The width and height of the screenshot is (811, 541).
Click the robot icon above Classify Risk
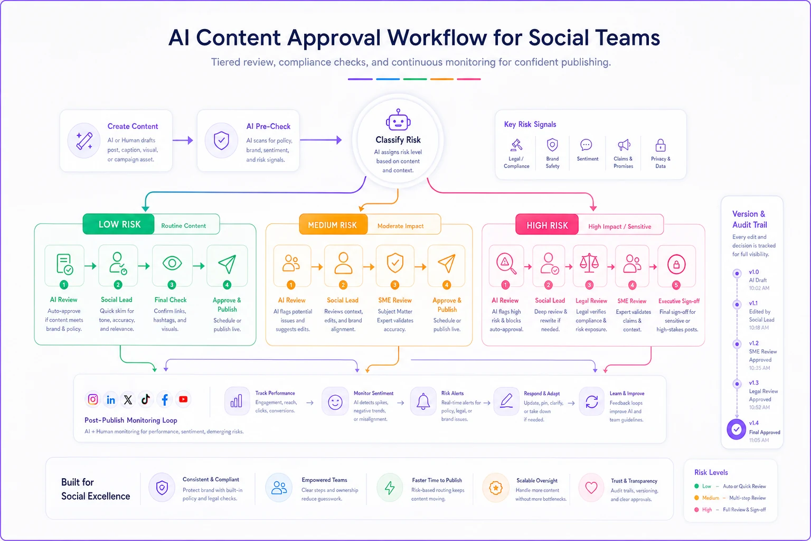coord(398,119)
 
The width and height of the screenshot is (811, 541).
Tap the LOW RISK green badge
coord(119,225)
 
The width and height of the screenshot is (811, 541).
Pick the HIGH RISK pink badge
coord(547,225)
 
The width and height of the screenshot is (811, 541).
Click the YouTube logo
coord(183,399)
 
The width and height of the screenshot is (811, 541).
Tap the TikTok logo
coord(146,399)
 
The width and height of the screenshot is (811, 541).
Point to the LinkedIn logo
coord(111,400)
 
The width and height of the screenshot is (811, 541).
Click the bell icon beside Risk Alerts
coord(423,402)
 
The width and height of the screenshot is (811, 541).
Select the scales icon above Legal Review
coord(589,263)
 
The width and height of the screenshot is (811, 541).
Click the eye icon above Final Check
coord(172,263)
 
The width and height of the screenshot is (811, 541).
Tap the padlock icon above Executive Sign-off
coord(676,264)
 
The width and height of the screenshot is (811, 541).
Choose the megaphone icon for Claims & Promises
coord(624,145)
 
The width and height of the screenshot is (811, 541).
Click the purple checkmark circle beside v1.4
coord(736,430)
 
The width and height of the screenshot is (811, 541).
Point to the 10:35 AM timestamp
coord(759,368)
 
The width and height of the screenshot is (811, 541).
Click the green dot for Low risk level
coord(696,486)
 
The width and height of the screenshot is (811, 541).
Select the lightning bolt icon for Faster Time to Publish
coord(390,488)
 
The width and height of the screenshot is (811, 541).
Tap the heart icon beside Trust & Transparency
coord(591,487)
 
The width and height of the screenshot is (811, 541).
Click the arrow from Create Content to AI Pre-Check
coord(183,140)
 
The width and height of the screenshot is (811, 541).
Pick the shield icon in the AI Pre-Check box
coord(221,141)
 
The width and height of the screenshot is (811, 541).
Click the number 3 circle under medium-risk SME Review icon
coord(394,285)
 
